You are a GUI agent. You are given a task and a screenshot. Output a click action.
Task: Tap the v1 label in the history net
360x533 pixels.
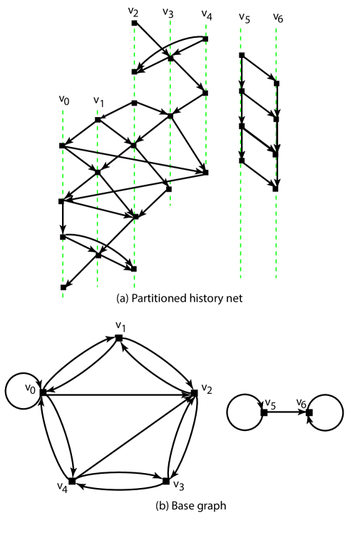pos(98,101)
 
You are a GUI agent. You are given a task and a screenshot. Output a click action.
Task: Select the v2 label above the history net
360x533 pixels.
pos(134,12)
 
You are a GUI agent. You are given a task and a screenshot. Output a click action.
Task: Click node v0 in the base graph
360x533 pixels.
pos(43,392)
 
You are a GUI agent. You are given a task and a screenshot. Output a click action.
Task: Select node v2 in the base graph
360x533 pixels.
pos(194,392)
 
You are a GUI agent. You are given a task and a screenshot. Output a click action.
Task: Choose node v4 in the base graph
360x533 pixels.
pos(72,481)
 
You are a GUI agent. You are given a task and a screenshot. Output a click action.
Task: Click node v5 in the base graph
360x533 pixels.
pos(264,412)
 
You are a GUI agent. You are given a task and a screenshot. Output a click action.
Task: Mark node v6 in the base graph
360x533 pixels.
pos(309,412)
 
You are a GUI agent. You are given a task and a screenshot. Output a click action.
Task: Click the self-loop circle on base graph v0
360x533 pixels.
pos(19,392)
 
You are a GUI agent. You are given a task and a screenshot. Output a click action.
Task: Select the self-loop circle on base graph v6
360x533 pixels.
pos(329,412)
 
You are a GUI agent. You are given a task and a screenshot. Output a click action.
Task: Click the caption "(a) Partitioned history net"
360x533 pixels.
pos(179,298)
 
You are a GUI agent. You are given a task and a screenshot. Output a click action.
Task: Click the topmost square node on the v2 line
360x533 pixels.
pos(134,24)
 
